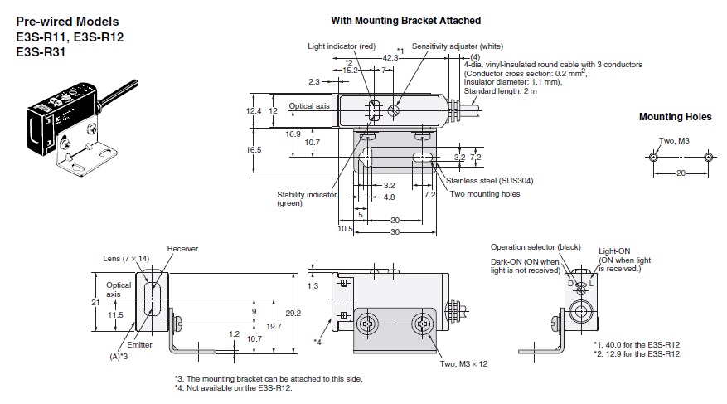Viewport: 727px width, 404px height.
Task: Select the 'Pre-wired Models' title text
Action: point(66,20)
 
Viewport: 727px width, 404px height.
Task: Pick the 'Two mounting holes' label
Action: point(485,194)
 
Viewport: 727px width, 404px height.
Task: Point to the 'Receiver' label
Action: point(182,248)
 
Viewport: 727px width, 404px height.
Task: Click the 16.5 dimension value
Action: point(254,149)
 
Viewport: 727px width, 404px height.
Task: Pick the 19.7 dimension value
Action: point(274,327)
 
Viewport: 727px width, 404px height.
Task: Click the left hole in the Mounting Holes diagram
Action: point(653,157)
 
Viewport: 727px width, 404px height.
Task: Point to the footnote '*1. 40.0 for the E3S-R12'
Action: point(637,344)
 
